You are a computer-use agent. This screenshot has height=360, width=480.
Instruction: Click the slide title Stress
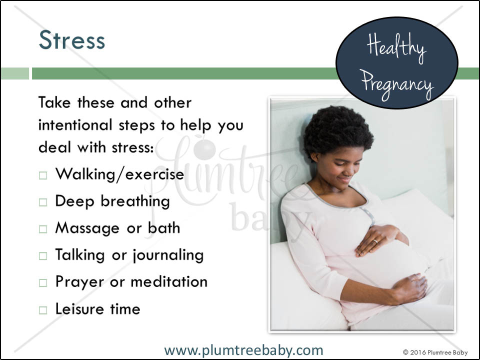[72, 40]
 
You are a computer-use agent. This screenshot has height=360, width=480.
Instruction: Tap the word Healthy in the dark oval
[396, 48]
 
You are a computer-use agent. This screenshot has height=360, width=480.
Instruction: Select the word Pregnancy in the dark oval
[397, 84]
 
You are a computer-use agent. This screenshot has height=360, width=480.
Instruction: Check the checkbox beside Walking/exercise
[43, 175]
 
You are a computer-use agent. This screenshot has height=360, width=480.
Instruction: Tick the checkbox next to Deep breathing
[43, 202]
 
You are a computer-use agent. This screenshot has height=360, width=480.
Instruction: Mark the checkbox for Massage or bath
[43, 229]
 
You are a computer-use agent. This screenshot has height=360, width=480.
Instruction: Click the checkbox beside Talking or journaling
[43, 256]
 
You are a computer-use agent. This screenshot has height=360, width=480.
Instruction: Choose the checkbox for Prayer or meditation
[43, 283]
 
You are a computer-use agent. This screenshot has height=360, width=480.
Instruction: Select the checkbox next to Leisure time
[43, 310]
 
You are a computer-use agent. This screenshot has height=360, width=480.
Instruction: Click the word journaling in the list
[168, 255]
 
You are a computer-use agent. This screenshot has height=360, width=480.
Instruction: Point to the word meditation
[169, 281]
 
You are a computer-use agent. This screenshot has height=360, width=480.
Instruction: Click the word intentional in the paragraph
[75, 125]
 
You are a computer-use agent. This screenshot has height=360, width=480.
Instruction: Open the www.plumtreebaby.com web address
[243, 350]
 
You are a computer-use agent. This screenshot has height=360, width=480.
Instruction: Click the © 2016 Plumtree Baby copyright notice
[435, 352]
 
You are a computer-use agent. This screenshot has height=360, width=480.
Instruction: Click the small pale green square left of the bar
[14, 73]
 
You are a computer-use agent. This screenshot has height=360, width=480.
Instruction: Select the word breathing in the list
[135, 201]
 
